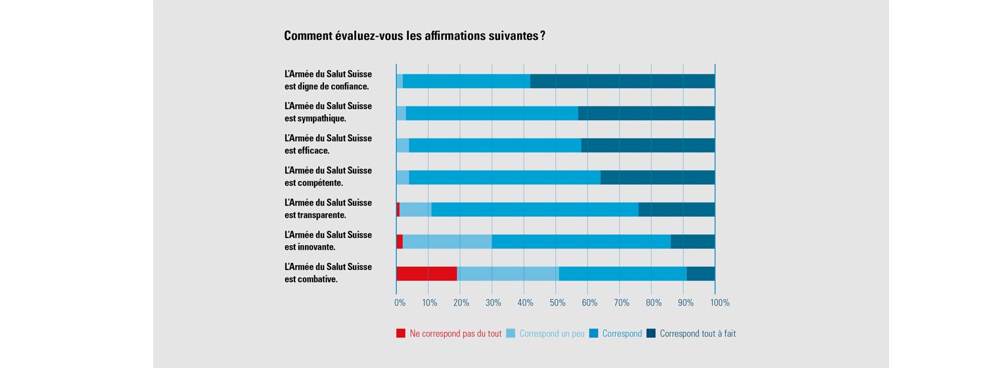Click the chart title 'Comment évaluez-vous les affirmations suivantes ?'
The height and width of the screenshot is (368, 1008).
point(414,35)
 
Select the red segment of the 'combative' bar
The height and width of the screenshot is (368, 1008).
point(426,274)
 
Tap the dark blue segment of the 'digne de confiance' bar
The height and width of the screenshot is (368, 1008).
point(622,81)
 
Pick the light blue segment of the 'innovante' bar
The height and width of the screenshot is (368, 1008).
point(447,242)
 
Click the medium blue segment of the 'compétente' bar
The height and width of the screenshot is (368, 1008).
point(505,177)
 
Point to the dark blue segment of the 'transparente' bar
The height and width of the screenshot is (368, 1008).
point(677,210)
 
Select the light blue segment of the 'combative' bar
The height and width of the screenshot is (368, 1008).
point(508,274)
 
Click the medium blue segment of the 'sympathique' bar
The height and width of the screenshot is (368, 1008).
point(492,113)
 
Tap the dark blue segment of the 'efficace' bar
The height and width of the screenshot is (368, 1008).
point(648,145)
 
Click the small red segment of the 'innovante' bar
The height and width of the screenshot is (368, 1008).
point(400,242)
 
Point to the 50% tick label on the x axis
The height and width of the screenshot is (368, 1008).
point(557,303)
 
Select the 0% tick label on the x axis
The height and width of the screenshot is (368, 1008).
point(400,303)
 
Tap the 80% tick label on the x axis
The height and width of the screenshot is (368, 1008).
point(653,303)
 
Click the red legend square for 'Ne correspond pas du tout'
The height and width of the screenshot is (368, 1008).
point(401,333)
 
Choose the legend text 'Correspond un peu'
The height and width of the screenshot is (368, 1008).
point(551,333)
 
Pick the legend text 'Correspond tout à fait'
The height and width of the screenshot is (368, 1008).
point(697,333)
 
